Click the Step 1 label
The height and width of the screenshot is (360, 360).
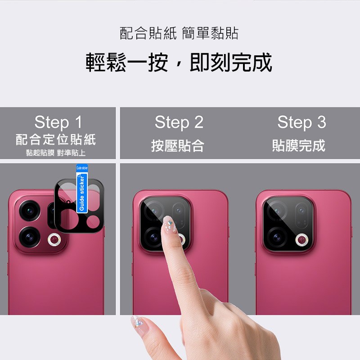pos(58,122)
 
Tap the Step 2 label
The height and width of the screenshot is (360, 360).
pos(179,122)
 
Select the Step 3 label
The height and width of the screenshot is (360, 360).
pos(301,122)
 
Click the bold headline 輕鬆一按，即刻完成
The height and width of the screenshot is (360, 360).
pos(179,62)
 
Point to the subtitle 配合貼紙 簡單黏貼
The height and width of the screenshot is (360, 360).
pos(179,33)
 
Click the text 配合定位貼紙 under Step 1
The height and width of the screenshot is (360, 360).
pos(56,139)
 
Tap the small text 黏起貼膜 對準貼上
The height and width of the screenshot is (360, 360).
pos(56,153)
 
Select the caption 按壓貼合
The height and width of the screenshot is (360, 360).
pos(178,145)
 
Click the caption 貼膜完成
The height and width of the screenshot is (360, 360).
pos(299,145)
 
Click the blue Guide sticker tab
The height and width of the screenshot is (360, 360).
pos(82,189)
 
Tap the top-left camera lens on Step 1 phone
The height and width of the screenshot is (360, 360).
pos(30,211)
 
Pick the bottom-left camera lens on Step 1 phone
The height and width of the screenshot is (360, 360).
pos(30,237)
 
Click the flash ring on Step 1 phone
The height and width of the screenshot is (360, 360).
pos(54,240)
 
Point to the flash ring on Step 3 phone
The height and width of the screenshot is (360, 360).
pos(302,240)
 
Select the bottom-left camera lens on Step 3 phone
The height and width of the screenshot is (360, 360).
pos(277,238)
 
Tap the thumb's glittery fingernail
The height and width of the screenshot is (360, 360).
pos(138,323)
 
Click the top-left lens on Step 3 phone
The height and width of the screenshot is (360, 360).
pos(277,211)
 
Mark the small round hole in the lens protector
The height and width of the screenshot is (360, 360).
pos(68,202)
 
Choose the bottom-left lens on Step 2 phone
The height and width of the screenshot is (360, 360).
pos(153,238)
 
